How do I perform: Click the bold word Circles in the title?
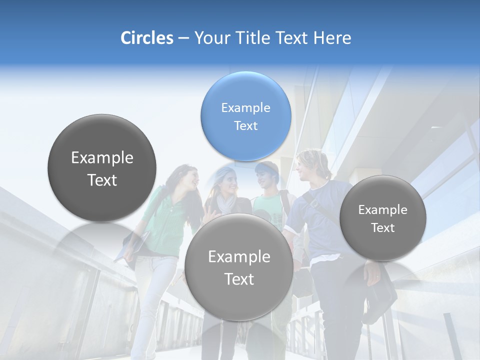click(x=146, y=38)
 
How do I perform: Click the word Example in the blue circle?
click(x=245, y=107)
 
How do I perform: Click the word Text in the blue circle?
click(x=245, y=125)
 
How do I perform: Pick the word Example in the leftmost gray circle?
click(x=102, y=158)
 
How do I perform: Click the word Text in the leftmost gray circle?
click(x=102, y=180)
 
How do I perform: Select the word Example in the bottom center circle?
click(x=239, y=256)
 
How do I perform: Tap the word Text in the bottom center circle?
click(x=239, y=279)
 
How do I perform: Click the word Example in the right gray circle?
click(x=382, y=210)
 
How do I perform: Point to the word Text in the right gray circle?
click(x=382, y=228)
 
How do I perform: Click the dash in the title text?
click(x=183, y=38)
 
